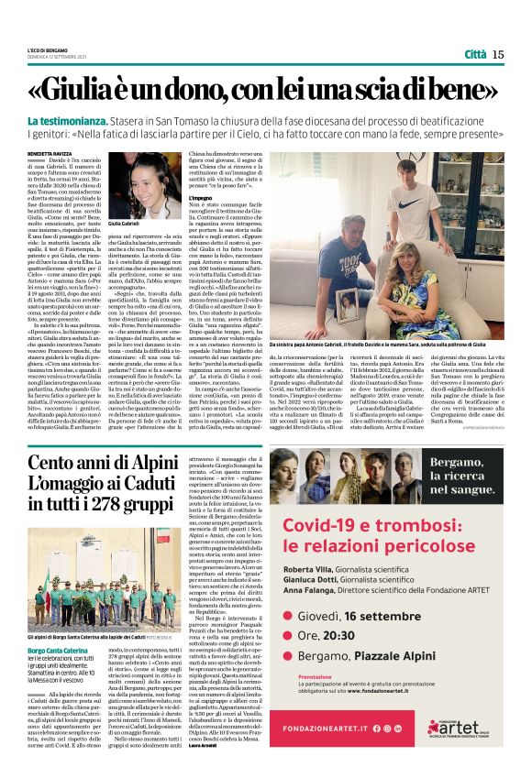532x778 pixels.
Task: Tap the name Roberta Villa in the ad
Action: click(312, 568)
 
